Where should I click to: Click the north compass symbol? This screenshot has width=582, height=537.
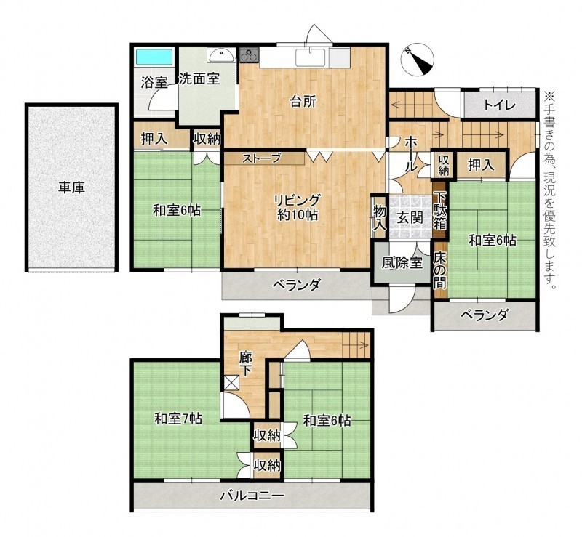click(x=418, y=60)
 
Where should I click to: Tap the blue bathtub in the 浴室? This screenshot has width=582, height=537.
click(x=154, y=57)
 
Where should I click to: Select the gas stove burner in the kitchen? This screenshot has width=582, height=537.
click(x=249, y=56)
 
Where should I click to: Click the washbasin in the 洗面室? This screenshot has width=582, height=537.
click(x=221, y=56)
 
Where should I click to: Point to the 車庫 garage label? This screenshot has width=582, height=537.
click(x=71, y=187)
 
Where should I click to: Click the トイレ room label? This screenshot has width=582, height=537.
click(x=499, y=105)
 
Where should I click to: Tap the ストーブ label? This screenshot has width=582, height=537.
click(x=262, y=158)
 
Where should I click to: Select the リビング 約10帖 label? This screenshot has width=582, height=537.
click(x=298, y=208)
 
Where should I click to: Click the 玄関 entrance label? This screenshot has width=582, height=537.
click(x=410, y=218)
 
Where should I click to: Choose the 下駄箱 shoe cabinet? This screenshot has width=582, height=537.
click(x=440, y=210)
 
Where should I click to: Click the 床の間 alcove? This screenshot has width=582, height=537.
click(x=440, y=270)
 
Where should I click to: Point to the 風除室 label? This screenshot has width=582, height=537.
click(x=402, y=262)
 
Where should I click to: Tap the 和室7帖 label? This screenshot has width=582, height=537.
click(x=178, y=419)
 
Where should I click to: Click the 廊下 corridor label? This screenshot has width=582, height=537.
click(x=245, y=365)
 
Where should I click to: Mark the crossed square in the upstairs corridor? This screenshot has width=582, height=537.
click(x=231, y=383)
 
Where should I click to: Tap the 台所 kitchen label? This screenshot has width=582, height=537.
click(x=303, y=102)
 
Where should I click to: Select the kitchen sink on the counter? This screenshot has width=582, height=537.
click(x=311, y=57)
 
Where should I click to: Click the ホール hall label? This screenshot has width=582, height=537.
click(x=410, y=154)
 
